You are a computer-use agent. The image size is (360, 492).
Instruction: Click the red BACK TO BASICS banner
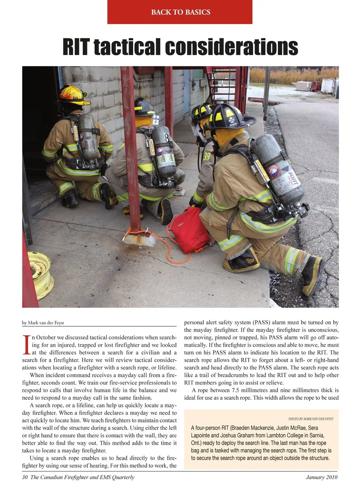pos(180,12)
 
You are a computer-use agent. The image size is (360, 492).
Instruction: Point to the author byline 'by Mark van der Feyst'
pos(43,322)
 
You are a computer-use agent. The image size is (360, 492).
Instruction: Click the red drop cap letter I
pos(26,345)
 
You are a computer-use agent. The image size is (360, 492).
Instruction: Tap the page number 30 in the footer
pos(25,477)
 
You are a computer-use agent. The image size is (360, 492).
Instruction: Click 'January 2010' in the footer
pos(321,477)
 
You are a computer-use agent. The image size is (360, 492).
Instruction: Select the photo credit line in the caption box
pos(310,419)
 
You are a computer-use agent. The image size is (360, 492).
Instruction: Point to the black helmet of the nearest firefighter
pos(228,116)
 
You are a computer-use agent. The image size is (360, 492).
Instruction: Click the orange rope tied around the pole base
pos(157,240)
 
